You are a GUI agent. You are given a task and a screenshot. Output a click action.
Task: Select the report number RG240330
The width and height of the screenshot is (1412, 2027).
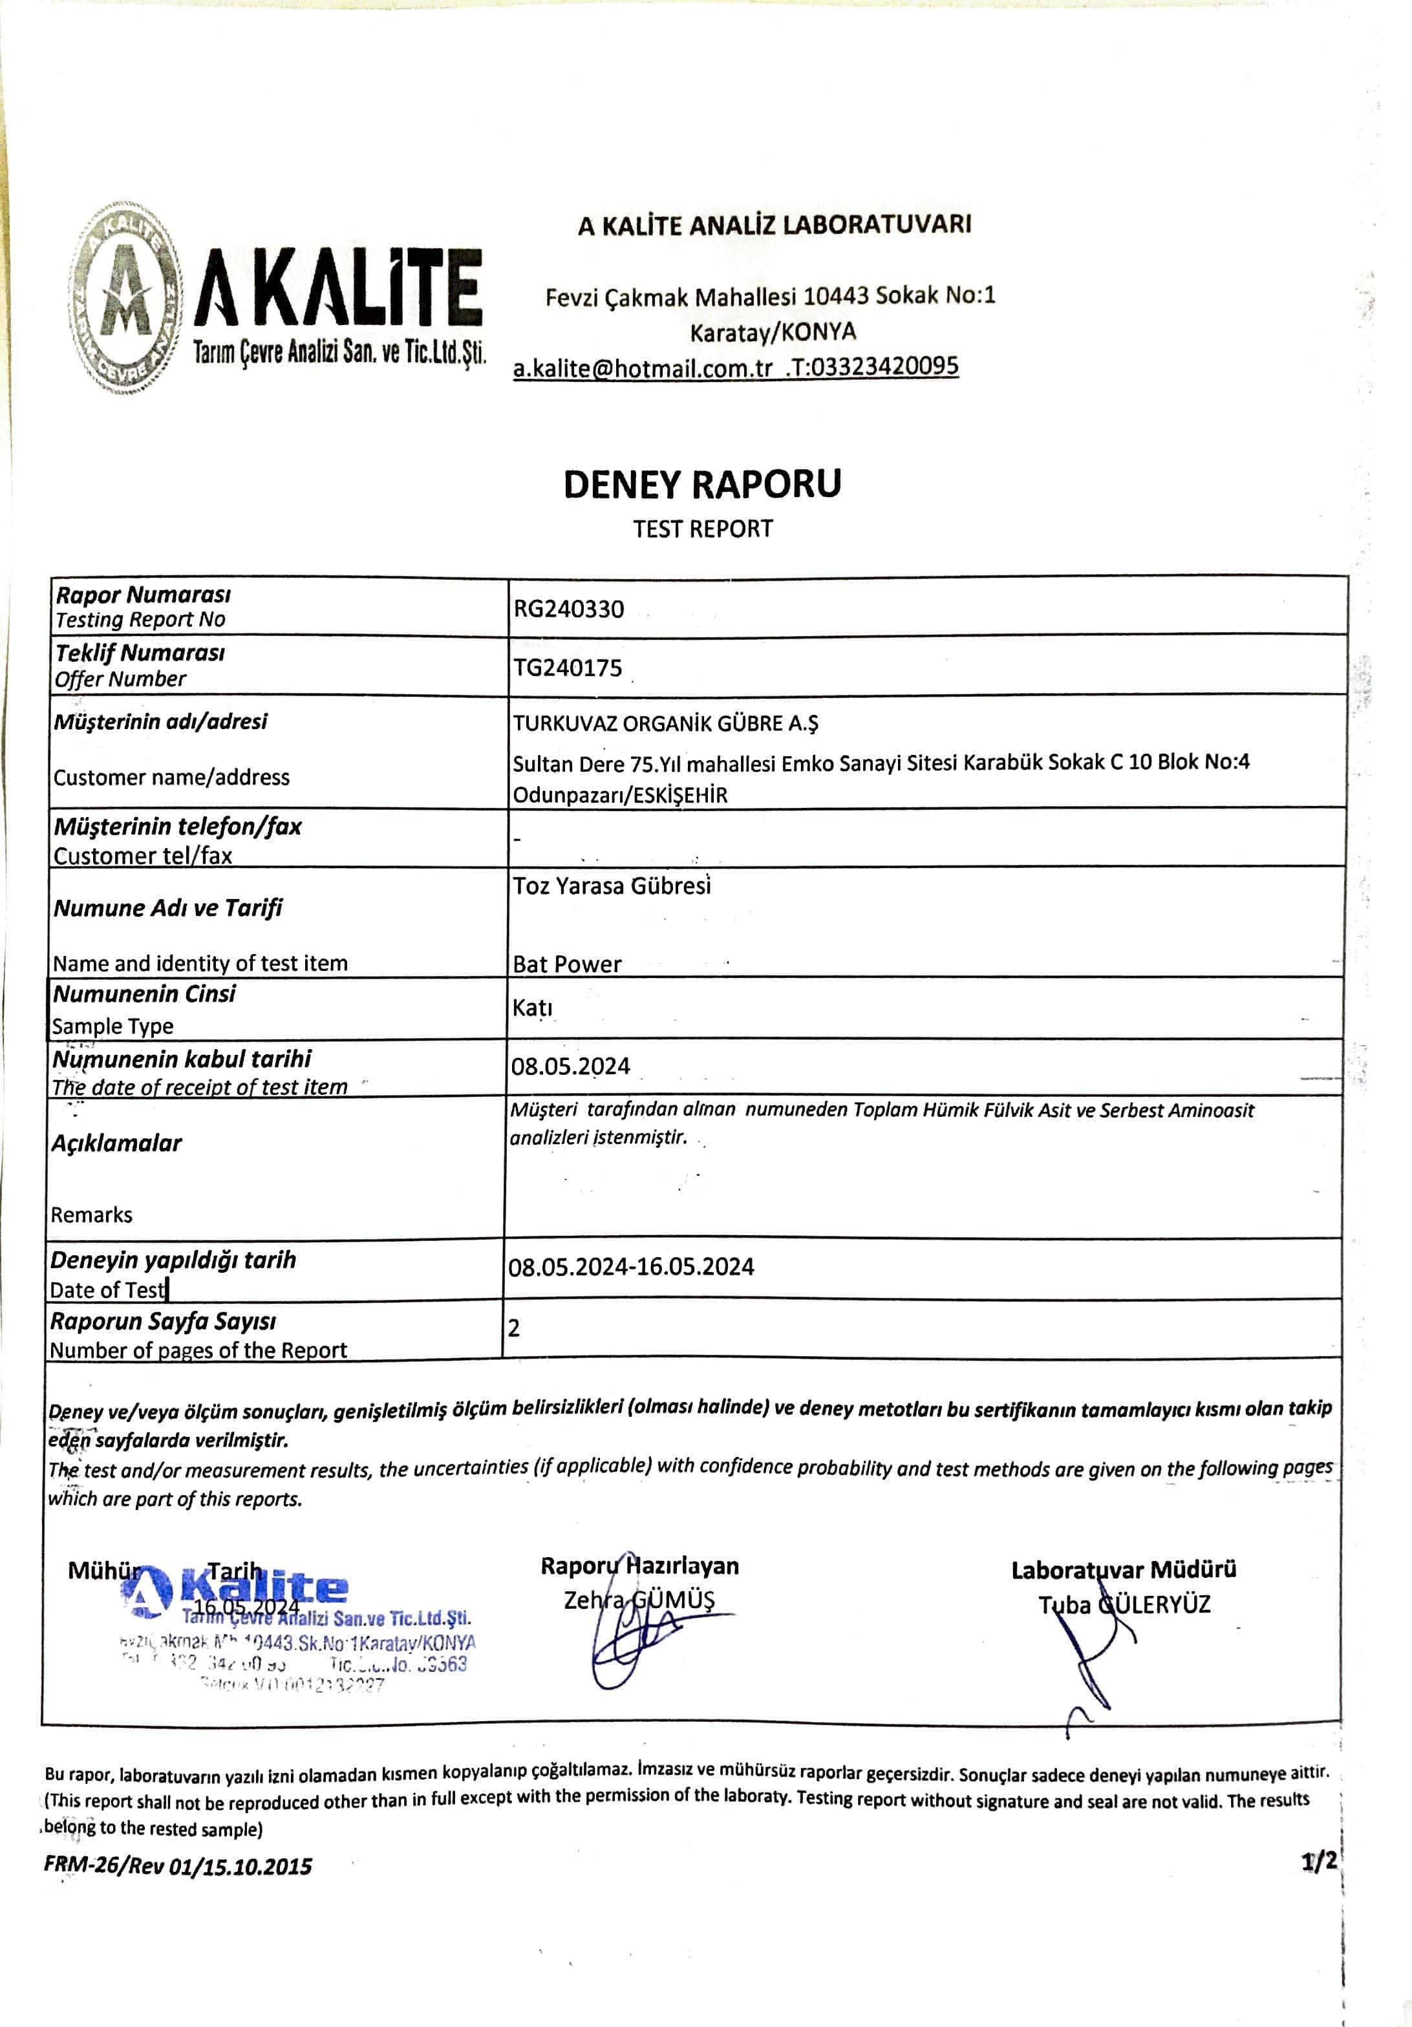569,609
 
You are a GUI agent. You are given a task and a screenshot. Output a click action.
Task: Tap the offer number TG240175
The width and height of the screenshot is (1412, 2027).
568,668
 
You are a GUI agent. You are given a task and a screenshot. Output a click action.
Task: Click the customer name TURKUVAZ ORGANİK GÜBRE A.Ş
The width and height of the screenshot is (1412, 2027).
666,724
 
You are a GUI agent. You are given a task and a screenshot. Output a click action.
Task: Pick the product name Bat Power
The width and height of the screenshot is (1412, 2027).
567,964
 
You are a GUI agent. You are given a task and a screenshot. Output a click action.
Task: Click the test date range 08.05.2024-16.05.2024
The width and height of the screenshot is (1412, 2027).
630,1267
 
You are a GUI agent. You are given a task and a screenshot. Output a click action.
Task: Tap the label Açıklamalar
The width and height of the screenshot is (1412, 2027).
116,1143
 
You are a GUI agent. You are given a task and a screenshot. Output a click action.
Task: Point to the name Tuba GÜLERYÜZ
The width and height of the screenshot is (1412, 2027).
1123,1604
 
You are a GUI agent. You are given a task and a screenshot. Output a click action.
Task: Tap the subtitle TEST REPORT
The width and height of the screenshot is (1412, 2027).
702,529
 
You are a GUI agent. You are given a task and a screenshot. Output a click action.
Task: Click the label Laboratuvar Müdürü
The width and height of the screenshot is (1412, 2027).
1123,1569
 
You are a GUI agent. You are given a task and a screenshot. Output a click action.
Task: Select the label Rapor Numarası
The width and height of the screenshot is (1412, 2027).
143,594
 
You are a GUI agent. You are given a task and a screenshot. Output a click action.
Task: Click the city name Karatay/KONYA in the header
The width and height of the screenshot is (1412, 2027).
773,333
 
